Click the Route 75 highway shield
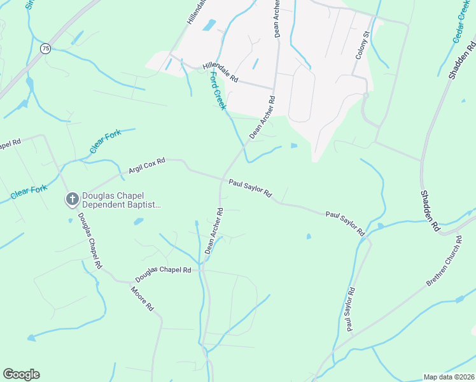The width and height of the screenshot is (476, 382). [45, 48]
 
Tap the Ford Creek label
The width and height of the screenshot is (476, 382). [218, 90]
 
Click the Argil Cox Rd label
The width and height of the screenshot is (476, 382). [147, 166]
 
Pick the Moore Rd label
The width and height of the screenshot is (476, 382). [142, 299]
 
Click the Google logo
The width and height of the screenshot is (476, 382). [21, 374]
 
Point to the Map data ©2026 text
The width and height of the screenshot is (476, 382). [448, 377]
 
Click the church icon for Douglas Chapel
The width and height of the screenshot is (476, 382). [72, 199]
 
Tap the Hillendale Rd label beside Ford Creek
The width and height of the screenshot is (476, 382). [220, 73]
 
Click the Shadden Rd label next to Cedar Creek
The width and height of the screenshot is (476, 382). [462, 59]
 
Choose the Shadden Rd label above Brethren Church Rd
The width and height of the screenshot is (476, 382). [430, 209]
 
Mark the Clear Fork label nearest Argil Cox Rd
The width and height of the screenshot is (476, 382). [105, 142]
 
